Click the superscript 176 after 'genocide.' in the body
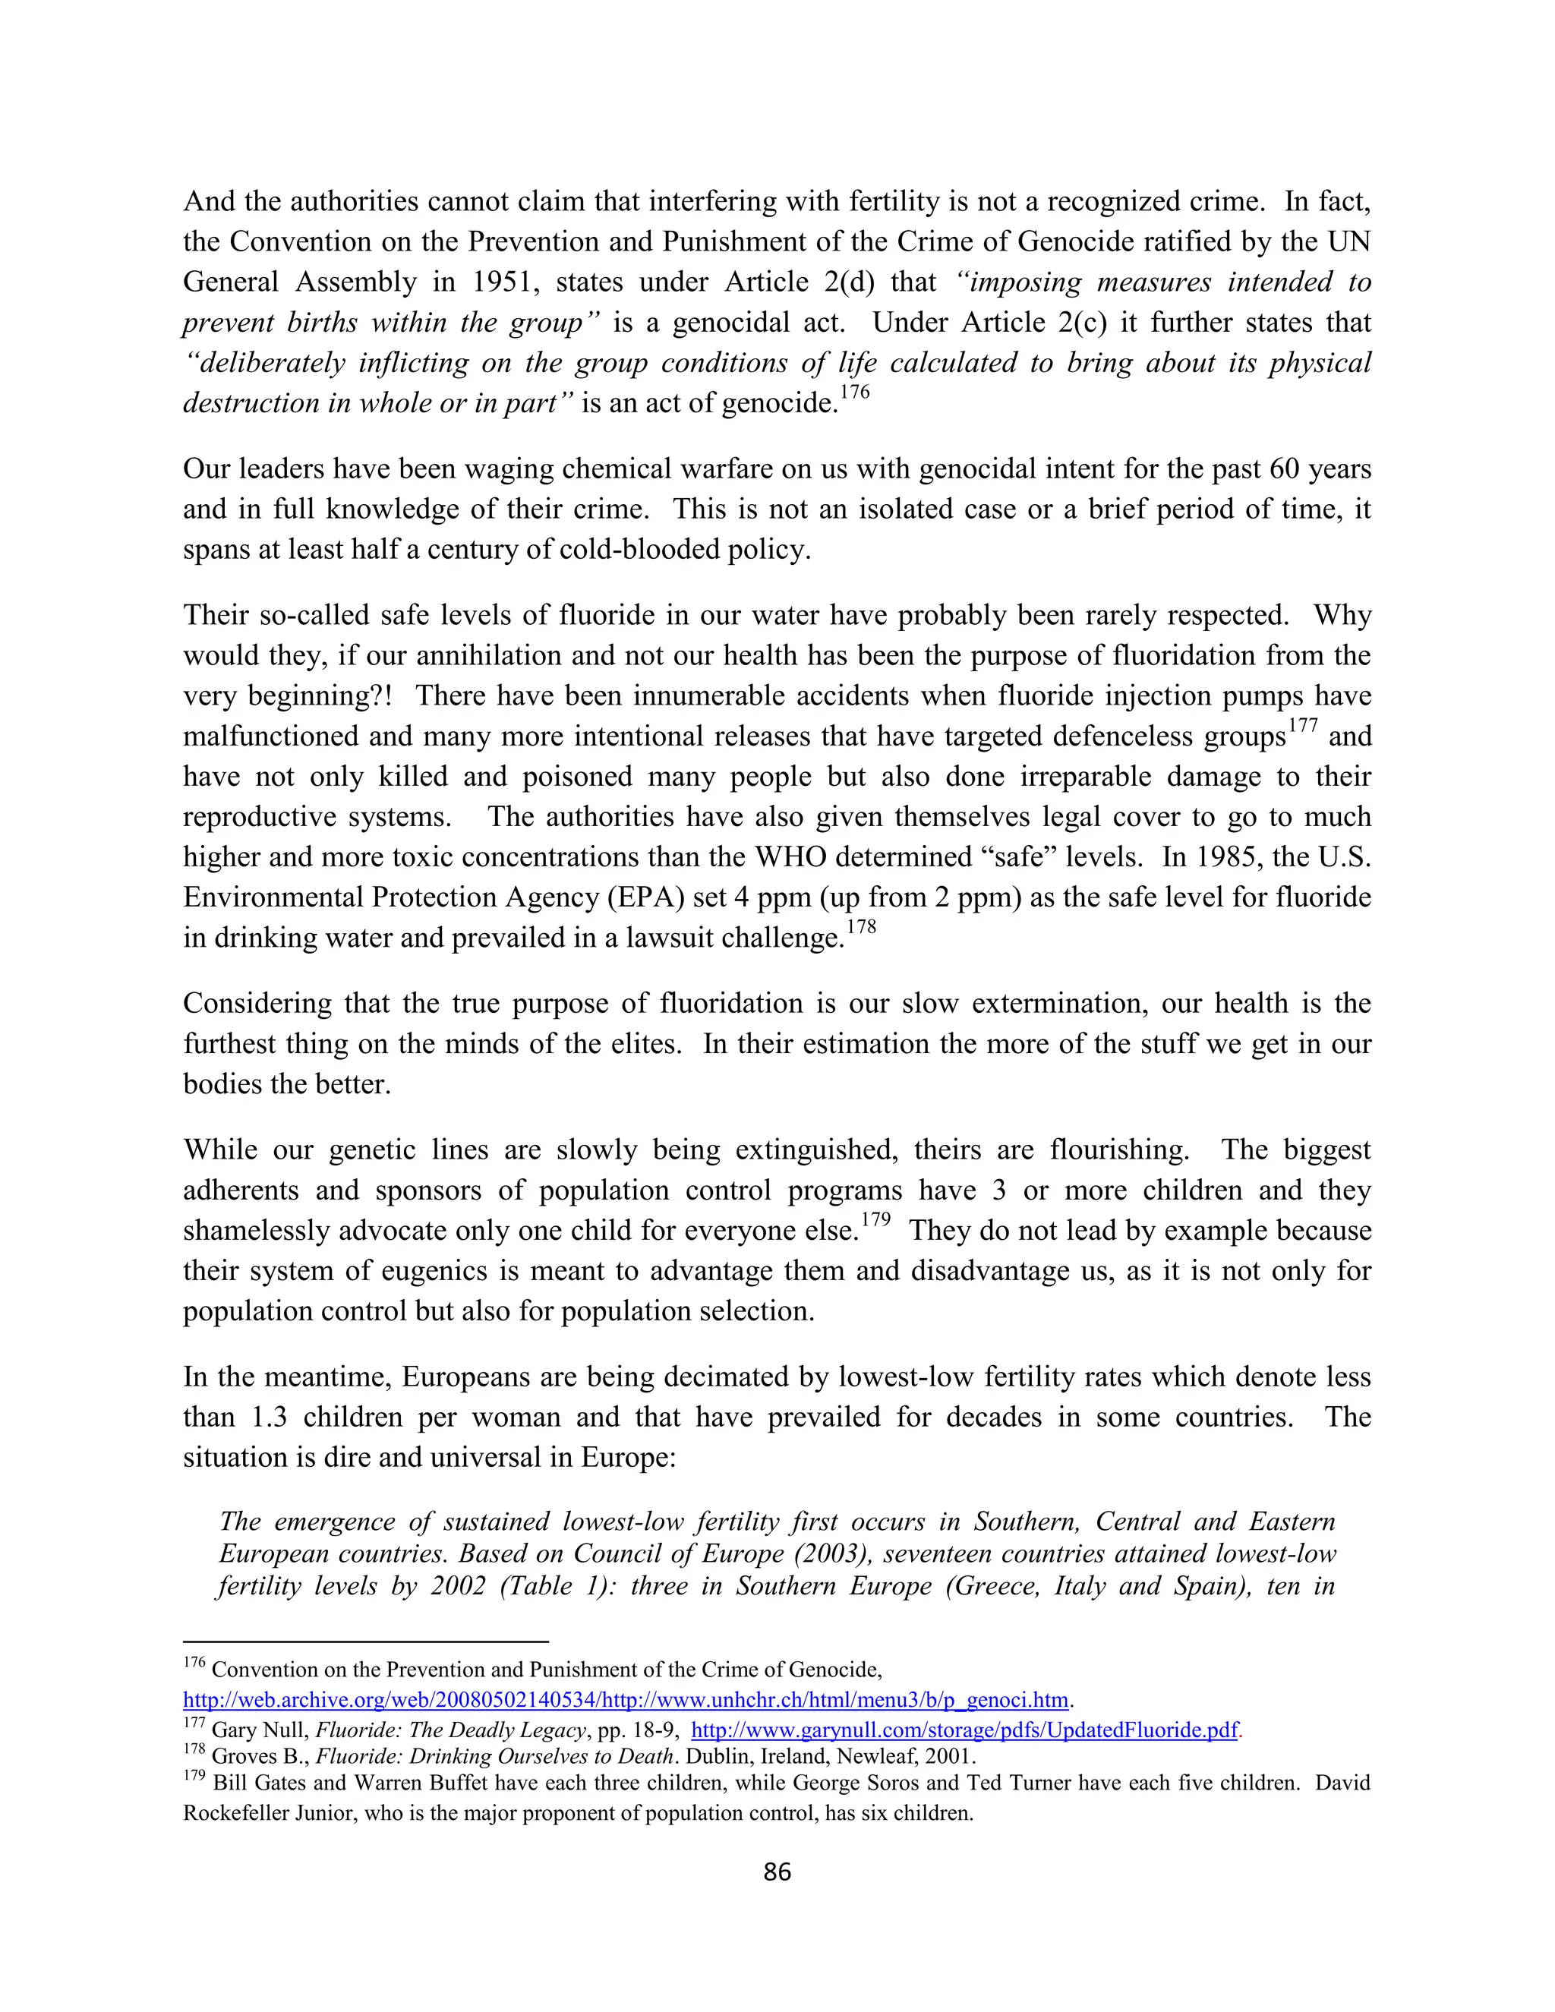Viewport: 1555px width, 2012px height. tap(854, 393)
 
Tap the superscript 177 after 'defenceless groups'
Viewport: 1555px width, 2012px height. tap(1303, 726)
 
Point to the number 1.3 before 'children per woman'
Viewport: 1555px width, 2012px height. tap(268, 1417)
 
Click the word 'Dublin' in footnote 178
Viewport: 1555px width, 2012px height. tap(721, 1756)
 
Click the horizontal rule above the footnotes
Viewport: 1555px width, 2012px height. tap(366, 1641)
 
